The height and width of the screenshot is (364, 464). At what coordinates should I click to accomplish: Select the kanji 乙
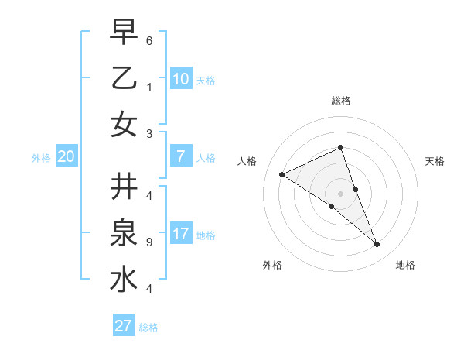pyautogui.click(x=123, y=77)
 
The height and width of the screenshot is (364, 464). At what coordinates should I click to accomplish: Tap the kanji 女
pyautogui.click(x=123, y=123)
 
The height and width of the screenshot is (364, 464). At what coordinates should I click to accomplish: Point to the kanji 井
pyautogui.click(x=123, y=187)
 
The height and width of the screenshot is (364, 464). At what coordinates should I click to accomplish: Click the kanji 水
pyautogui.click(x=123, y=280)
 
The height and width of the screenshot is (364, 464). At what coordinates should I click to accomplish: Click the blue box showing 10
pyautogui.click(x=180, y=78)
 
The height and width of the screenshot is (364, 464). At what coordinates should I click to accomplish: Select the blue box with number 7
pyautogui.click(x=180, y=156)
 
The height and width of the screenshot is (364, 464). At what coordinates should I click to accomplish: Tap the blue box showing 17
pyautogui.click(x=180, y=234)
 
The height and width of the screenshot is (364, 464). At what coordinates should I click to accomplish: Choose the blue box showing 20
pyautogui.click(x=66, y=156)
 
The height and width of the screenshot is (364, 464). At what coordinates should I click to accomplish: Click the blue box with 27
pyautogui.click(x=124, y=326)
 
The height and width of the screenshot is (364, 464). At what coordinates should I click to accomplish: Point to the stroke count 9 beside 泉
pyautogui.click(x=148, y=242)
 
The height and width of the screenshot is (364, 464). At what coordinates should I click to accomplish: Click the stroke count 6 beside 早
pyautogui.click(x=148, y=40)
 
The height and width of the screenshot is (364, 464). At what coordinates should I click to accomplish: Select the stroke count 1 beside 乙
pyautogui.click(x=148, y=88)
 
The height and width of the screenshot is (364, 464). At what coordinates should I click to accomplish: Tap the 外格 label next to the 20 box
pyautogui.click(x=41, y=158)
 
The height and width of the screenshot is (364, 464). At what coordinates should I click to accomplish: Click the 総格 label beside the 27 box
pyautogui.click(x=148, y=328)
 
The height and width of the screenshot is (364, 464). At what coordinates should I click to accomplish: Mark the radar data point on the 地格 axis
pyautogui.click(x=377, y=245)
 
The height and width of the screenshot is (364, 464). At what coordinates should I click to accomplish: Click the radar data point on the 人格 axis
pyautogui.click(x=281, y=174)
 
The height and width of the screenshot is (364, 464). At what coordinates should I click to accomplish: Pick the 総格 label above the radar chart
pyautogui.click(x=340, y=101)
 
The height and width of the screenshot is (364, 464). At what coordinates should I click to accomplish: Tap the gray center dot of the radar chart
pyautogui.click(x=340, y=193)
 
